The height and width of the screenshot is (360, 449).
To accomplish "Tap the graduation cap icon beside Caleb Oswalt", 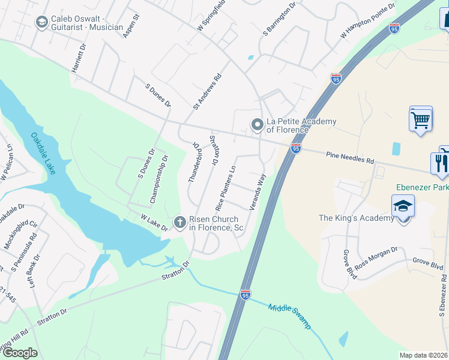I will (x=41, y=23).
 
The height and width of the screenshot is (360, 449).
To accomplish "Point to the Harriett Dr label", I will (x=79, y=58).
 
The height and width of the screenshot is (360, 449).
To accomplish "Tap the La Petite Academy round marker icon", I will (x=257, y=125).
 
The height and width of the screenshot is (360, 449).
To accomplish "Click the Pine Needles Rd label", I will (x=350, y=158).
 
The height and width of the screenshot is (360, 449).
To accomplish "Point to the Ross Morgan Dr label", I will (x=376, y=258).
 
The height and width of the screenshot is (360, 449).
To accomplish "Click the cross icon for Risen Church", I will (x=179, y=223).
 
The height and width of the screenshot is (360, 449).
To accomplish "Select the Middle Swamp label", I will (x=290, y=316).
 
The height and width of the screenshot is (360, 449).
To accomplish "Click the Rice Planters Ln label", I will (x=226, y=188).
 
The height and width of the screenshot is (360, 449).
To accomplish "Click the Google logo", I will (x=20, y=353).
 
